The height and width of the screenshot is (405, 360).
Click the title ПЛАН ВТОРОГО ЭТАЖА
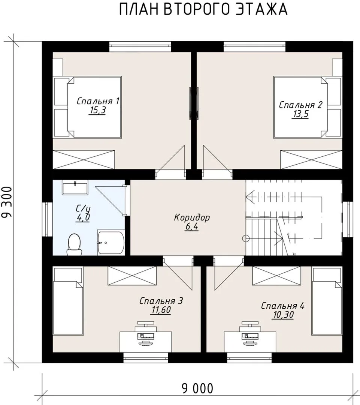(x=203, y=9)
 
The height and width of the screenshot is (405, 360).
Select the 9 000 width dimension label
(x=198, y=388)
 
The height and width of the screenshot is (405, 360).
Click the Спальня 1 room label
(x=98, y=101)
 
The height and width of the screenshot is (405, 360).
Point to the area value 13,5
(x=300, y=114)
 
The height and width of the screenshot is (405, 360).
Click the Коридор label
(x=192, y=217)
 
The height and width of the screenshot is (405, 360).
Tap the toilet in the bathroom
(x=74, y=244)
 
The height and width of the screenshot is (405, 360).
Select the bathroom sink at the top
(x=75, y=187)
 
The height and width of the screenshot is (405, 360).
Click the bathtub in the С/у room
(x=111, y=243)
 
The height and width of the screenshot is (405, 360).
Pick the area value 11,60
(x=161, y=310)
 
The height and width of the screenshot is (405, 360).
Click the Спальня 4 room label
(x=282, y=306)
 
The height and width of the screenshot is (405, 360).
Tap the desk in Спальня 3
(x=146, y=342)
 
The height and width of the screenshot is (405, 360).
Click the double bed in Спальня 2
(x=308, y=107)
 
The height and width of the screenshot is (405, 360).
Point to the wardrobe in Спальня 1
(x=84, y=160)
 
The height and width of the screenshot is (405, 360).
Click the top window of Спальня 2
(x=254, y=47)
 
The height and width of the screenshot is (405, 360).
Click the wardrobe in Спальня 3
(x=132, y=276)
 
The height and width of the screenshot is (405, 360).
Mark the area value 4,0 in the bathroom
(x=83, y=217)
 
